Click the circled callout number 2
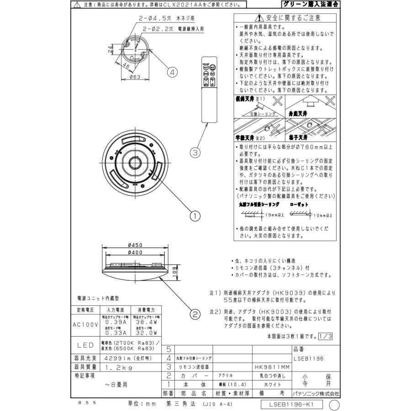tap(195, 314)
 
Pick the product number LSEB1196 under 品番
tap(309, 358)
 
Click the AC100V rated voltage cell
tap(84, 325)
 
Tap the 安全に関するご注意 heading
tap(288, 18)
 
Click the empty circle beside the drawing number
tap(335, 404)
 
